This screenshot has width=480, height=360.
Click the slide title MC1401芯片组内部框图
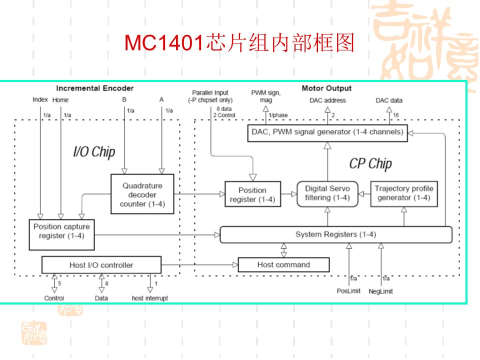(x=239, y=44)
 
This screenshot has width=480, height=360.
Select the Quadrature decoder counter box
(x=142, y=194)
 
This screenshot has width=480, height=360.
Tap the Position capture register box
(x=61, y=234)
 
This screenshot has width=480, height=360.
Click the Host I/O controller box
(x=101, y=265)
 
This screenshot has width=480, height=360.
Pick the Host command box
(x=283, y=265)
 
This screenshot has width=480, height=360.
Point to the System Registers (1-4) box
(x=335, y=234)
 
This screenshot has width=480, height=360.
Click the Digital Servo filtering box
(x=327, y=193)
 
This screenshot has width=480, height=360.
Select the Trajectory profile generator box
(x=403, y=193)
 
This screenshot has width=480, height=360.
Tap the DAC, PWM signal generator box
(x=328, y=132)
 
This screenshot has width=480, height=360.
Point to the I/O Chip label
(x=94, y=152)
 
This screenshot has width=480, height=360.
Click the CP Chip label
(x=370, y=164)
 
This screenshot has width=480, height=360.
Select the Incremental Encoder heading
(x=95, y=88)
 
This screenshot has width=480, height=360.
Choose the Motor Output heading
(x=326, y=88)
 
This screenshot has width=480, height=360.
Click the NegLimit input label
(x=381, y=291)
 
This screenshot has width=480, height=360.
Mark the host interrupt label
(x=150, y=298)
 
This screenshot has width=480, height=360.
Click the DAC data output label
(x=389, y=100)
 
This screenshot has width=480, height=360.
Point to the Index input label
(x=40, y=100)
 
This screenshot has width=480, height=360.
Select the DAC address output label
(x=327, y=100)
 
